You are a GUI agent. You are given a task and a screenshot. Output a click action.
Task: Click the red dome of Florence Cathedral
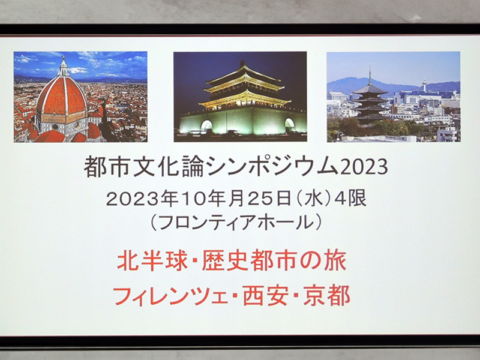click(x=62, y=98)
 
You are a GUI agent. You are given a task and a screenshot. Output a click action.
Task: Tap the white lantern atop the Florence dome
click(x=64, y=67)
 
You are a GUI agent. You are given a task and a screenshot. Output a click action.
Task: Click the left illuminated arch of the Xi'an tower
click(x=206, y=125)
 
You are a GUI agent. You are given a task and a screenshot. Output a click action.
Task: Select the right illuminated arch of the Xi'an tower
click(x=290, y=124)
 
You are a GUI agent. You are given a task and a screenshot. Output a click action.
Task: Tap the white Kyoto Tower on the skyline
click(x=424, y=85)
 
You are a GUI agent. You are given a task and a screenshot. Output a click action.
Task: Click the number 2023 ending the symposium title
click(x=364, y=167)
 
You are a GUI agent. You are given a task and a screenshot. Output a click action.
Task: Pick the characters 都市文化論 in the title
click(x=144, y=167)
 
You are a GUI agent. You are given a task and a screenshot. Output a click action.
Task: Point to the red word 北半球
click(x=152, y=261)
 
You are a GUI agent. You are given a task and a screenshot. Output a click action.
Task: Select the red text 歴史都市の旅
click(x=274, y=261)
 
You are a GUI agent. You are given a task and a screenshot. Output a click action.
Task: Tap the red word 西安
click(x=266, y=296)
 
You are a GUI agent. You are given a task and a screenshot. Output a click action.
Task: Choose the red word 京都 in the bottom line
click(x=326, y=296)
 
